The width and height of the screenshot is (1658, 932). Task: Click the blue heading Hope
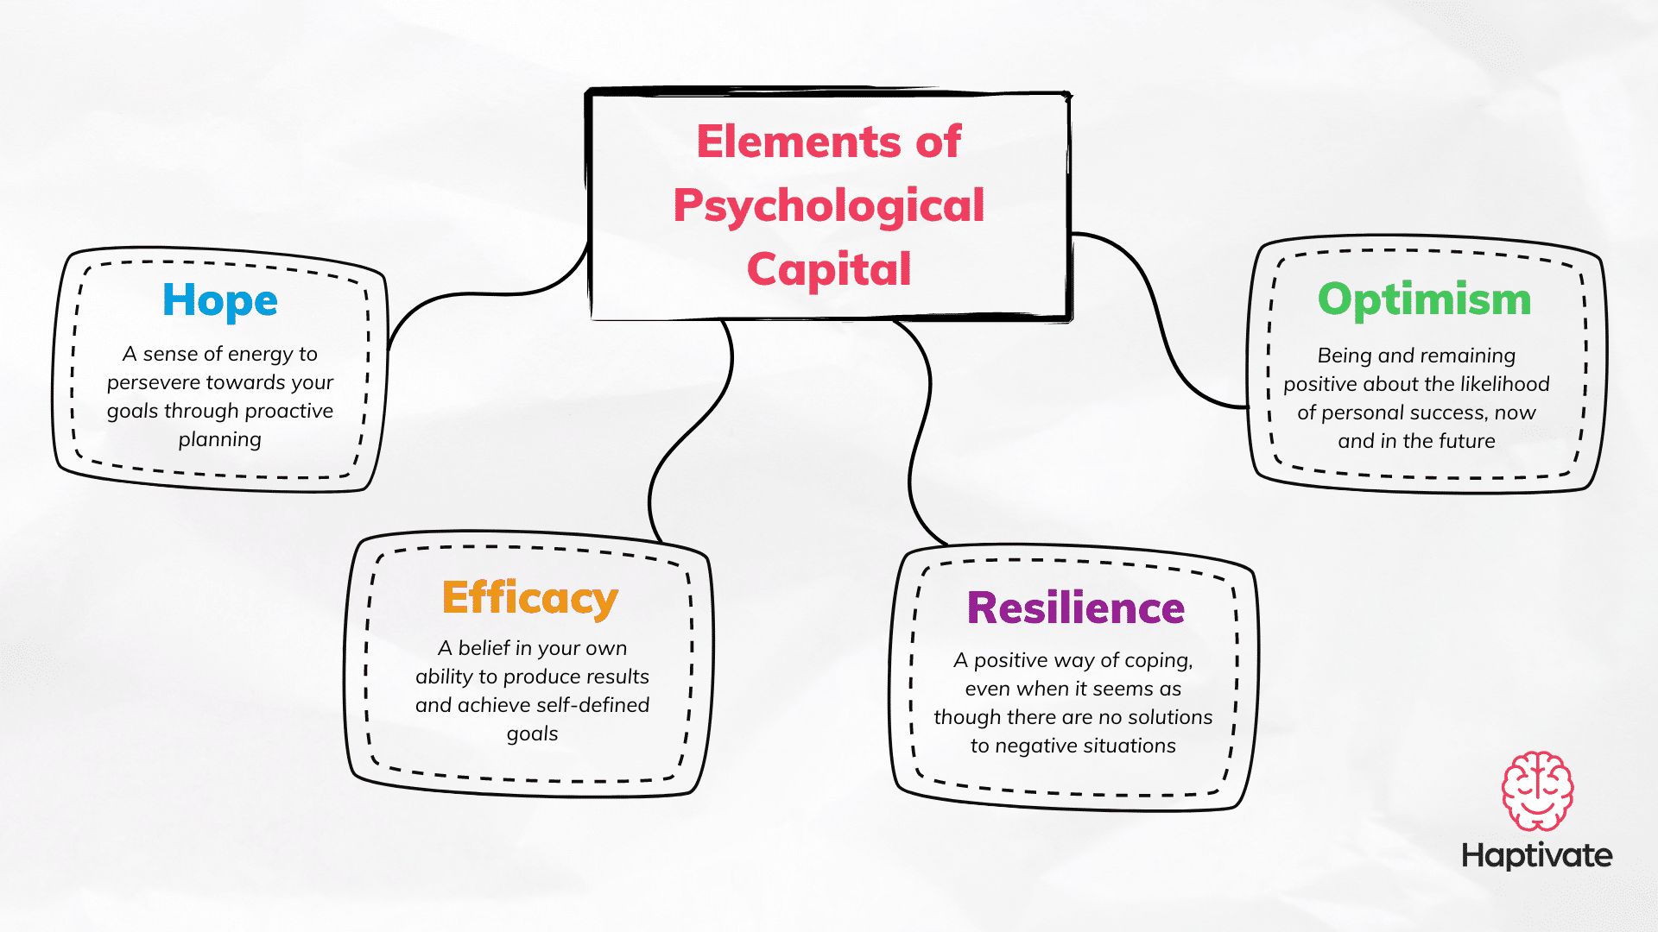point(220,301)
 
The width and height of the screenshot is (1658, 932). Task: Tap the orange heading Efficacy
point(530,598)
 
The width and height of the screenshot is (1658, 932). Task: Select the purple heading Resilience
point(1076,608)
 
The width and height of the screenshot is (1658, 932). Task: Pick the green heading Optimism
point(1424,299)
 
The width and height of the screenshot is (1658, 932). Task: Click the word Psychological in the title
point(829,207)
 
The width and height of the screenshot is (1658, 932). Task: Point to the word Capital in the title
point(829,269)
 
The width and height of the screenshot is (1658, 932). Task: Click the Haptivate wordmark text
point(1537,855)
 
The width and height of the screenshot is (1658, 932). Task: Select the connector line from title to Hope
point(484,294)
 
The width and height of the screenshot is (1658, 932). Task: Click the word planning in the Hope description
point(220,440)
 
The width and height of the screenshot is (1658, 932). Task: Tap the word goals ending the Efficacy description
point(532,734)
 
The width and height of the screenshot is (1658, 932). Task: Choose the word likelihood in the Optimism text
point(1503,384)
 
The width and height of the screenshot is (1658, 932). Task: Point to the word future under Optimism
point(1467,441)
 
